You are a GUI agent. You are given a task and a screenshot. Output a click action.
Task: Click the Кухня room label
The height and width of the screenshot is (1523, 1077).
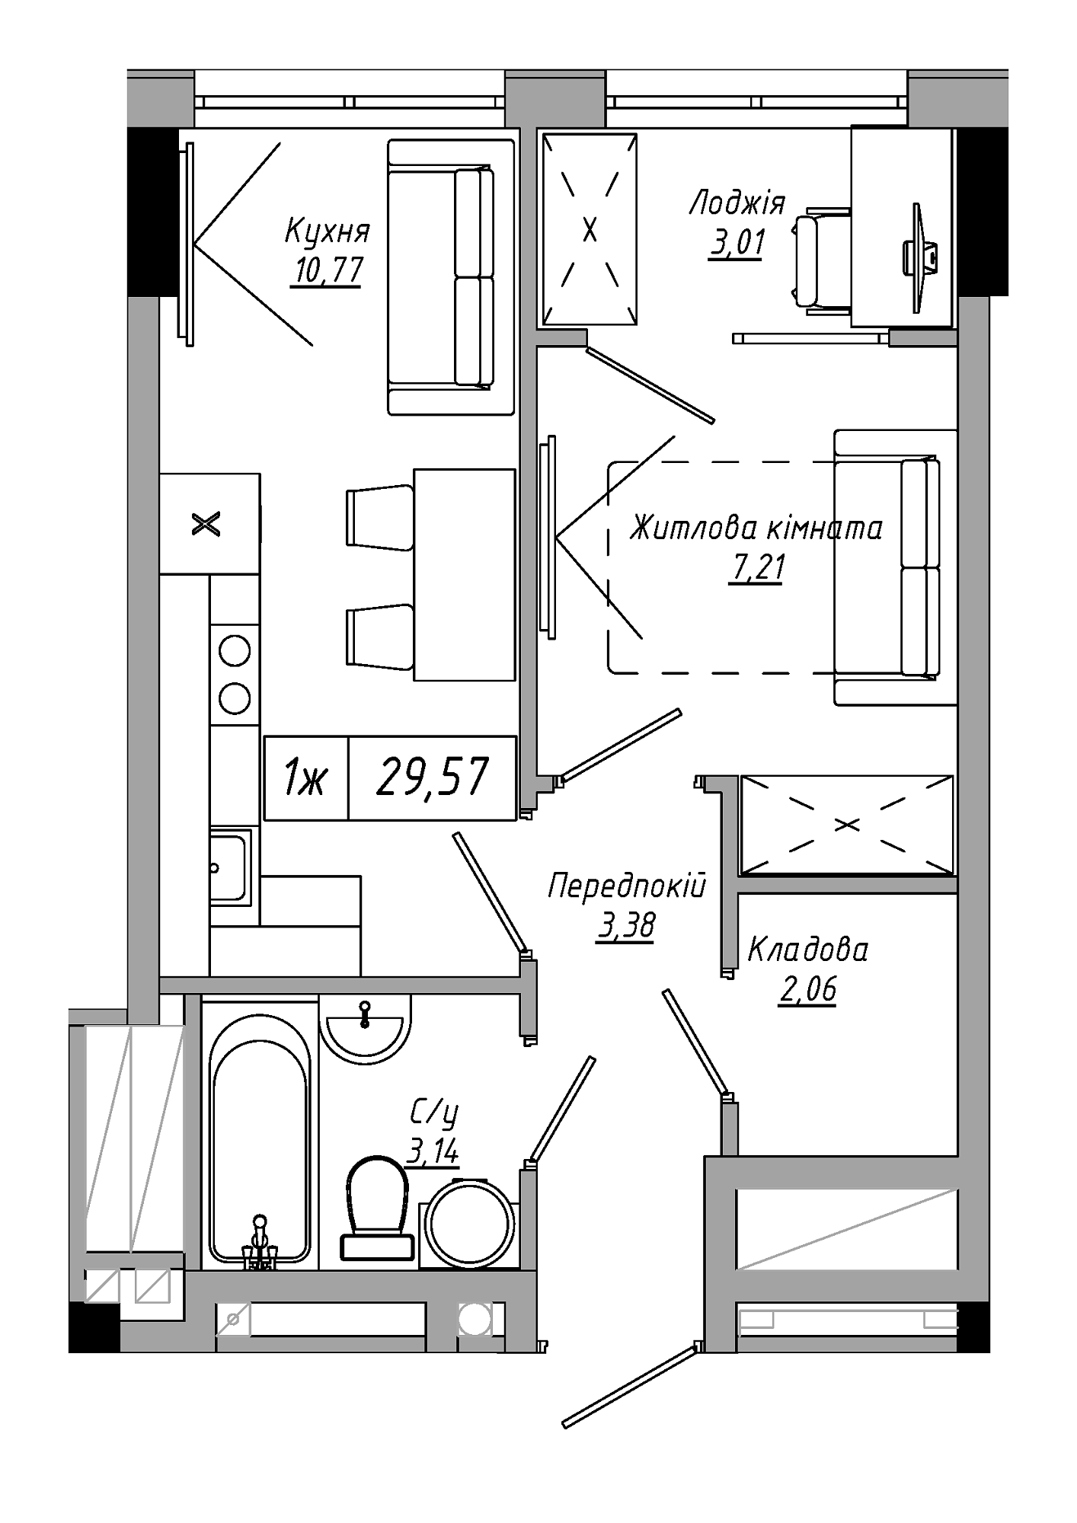click(328, 231)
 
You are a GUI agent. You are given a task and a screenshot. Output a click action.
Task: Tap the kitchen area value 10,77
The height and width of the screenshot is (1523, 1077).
click(327, 270)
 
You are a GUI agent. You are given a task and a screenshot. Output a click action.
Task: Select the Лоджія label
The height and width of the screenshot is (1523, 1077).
click(737, 205)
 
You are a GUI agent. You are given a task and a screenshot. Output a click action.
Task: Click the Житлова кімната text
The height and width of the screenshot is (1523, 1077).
click(756, 528)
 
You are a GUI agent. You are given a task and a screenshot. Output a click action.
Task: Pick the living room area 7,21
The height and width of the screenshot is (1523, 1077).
click(756, 567)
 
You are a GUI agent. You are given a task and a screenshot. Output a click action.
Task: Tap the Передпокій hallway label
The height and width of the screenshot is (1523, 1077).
click(627, 886)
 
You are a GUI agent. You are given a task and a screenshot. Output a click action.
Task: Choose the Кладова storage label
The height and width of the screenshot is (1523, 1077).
click(807, 950)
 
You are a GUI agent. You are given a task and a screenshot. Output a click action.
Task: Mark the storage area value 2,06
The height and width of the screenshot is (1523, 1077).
click(807, 989)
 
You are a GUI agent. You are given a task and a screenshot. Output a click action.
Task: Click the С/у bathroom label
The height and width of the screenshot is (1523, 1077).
click(434, 1114)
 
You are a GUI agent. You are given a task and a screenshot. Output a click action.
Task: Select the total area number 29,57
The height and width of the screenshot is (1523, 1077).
click(432, 778)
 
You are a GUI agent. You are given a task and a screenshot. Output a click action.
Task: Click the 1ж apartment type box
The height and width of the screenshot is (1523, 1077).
click(305, 778)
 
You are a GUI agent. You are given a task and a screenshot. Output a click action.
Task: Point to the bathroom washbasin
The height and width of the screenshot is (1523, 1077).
click(365, 1027)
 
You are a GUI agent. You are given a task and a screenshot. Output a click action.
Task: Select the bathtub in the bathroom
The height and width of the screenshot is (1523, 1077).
click(260, 1139)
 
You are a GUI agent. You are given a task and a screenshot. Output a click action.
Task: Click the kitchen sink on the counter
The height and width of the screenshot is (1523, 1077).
click(230, 867)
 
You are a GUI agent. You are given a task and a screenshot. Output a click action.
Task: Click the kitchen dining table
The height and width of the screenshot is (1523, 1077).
click(465, 575)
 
